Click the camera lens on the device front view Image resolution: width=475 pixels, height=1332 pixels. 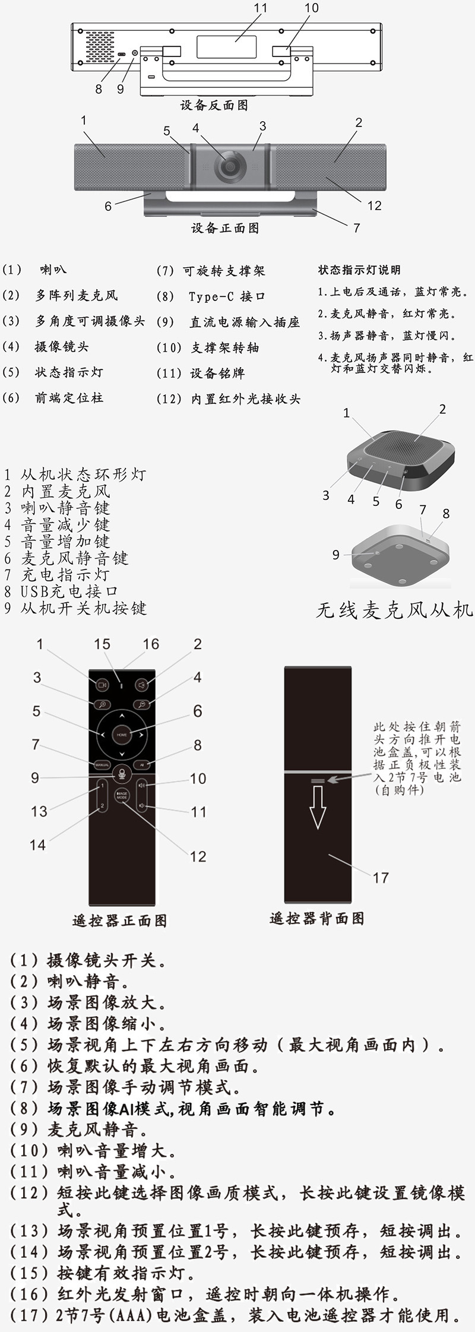[x=229, y=166]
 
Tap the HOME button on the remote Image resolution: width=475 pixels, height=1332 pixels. [x=122, y=735]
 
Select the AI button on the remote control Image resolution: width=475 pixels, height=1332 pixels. [x=142, y=765]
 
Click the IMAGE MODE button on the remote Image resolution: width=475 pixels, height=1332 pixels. [x=122, y=797]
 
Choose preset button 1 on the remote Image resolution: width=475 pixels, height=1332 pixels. [x=102, y=786]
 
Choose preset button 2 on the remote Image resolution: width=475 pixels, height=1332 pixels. [x=102, y=805]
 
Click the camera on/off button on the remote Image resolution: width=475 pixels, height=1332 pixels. [x=102, y=685]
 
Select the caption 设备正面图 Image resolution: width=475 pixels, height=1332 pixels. [x=225, y=228]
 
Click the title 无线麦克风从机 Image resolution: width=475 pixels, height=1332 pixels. [x=394, y=610]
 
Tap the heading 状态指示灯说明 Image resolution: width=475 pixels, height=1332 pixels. [x=360, y=270]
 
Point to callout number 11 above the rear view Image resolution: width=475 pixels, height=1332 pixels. [x=260, y=8]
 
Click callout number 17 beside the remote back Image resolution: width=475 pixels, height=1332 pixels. [x=381, y=877]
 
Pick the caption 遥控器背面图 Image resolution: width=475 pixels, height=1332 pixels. [x=317, y=919]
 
